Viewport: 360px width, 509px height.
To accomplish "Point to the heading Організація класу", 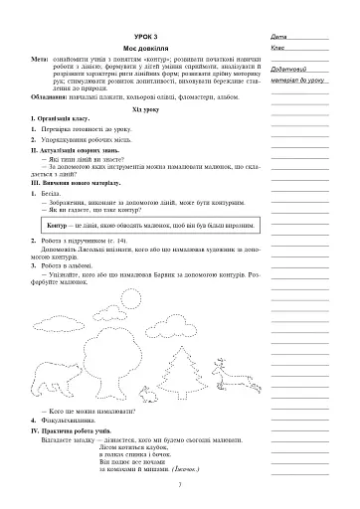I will (61, 126).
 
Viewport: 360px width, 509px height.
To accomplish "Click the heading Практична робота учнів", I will (76, 440).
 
